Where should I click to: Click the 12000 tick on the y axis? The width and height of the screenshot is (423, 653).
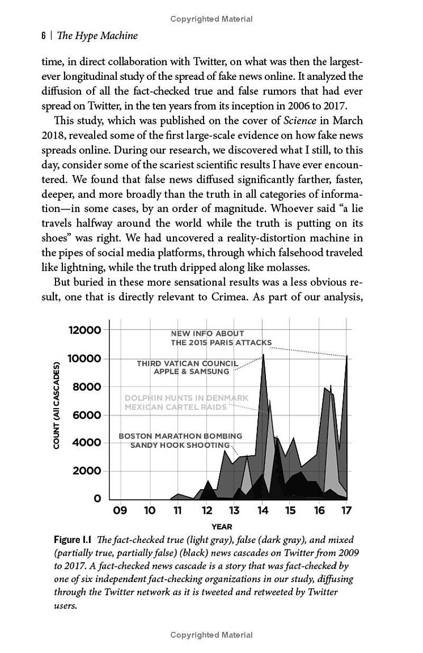coord(85,330)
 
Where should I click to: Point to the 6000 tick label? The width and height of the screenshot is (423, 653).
coord(87,415)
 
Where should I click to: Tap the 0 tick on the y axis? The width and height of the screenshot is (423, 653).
coord(97,499)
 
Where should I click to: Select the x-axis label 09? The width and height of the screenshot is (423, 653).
coord(120,511)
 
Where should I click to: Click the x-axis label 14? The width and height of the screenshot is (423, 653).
coord(262,511)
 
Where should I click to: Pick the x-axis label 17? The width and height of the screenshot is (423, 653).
coord(346,511)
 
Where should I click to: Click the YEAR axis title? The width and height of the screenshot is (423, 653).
coord(222,527)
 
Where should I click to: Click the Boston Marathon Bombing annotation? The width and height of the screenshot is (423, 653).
coord(180,436)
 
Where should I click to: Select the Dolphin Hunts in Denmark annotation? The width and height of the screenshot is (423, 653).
coord(186,398)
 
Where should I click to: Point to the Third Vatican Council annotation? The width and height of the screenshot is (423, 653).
coord(187,364)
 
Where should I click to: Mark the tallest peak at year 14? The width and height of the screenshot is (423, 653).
coord(263,355)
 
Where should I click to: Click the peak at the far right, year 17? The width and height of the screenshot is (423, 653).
coord(346,356)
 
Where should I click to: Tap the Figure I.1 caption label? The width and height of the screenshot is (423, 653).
coord(72,540)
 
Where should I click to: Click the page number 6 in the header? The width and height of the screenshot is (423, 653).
coord(43,36)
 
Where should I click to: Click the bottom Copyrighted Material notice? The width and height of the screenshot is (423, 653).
coord(212,634)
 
